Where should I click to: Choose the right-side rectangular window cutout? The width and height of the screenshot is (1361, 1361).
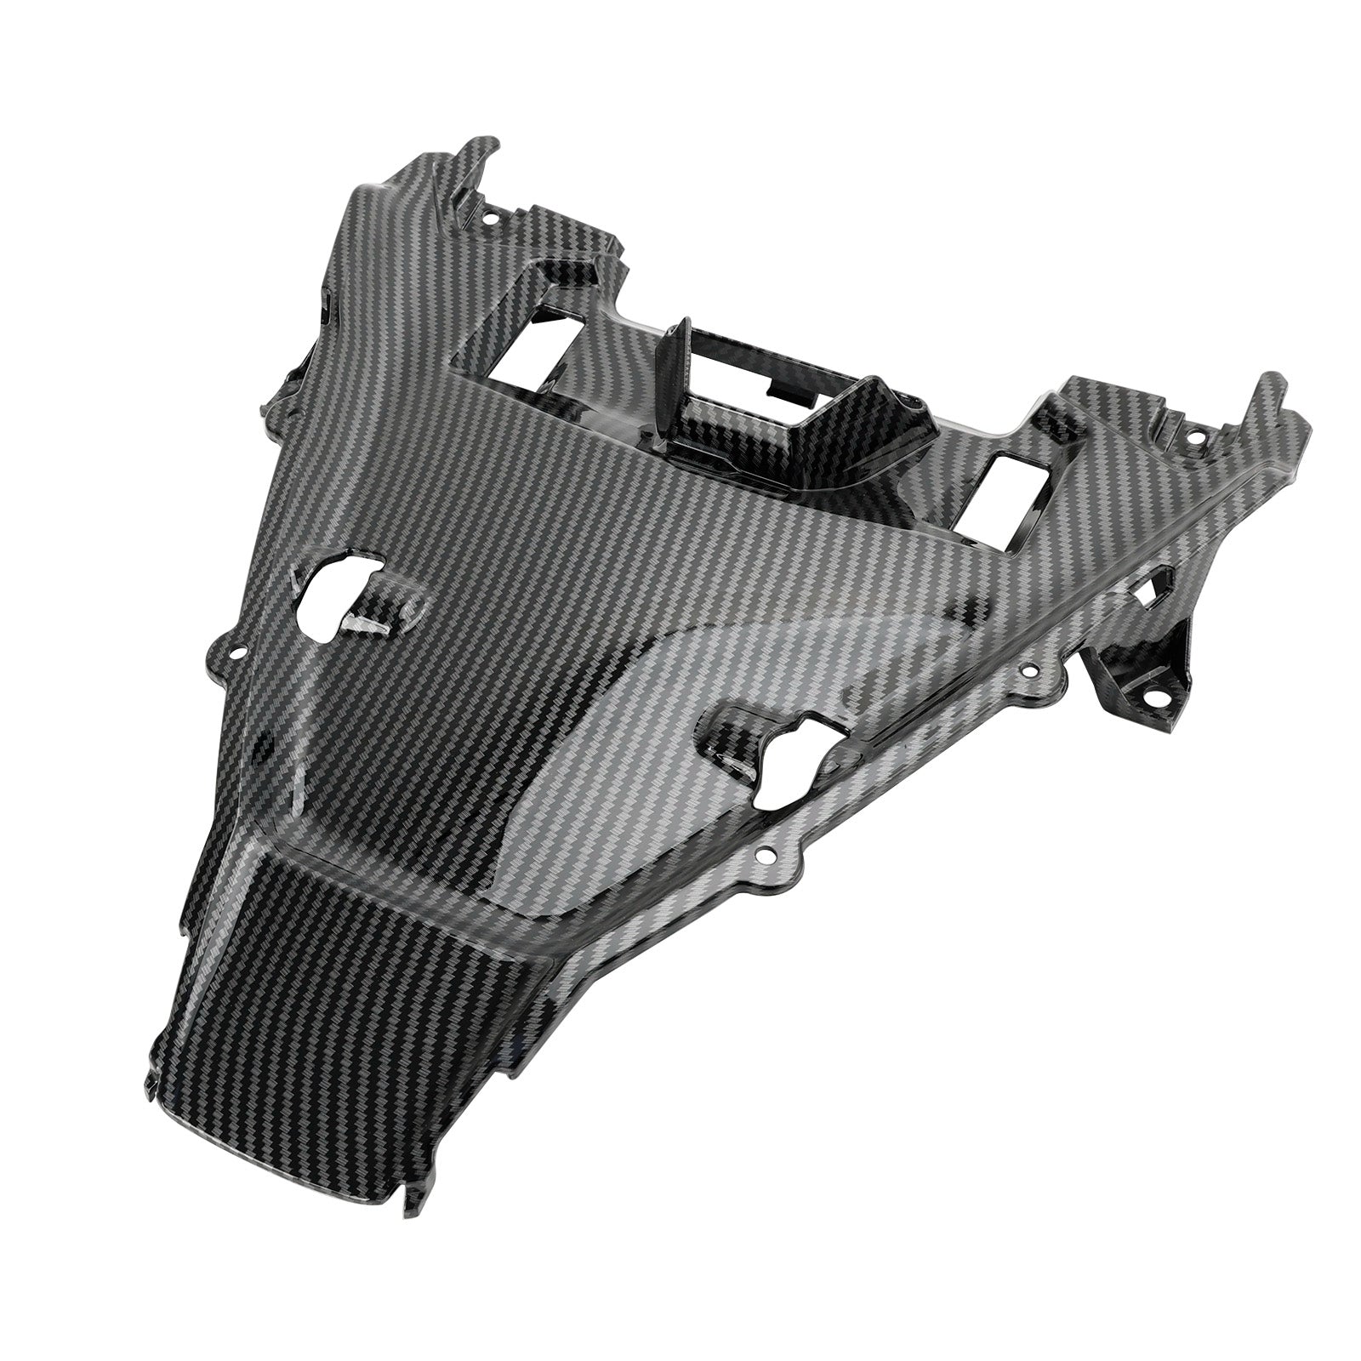(1008, 484)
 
